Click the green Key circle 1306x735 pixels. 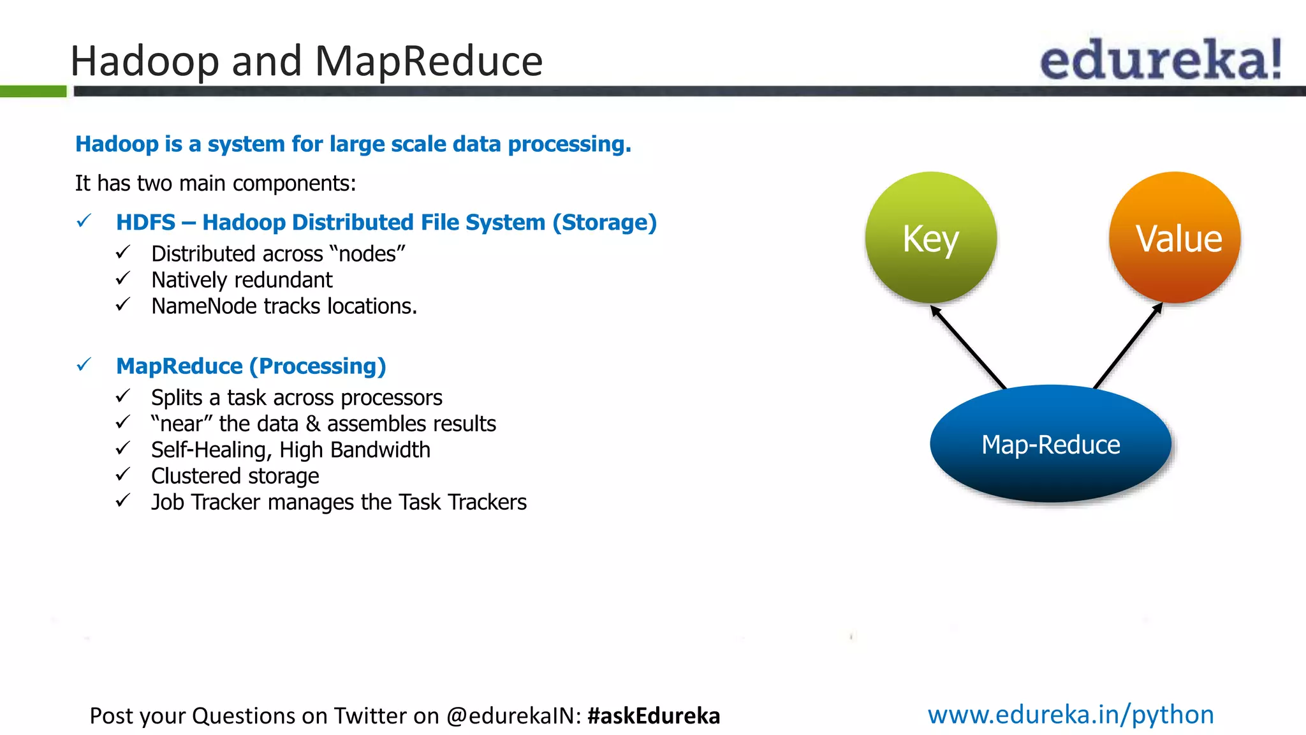930,237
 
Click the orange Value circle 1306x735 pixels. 1175,237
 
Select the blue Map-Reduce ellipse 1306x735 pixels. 1050,444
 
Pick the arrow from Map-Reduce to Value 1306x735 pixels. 1127,346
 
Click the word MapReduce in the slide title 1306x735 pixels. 429,61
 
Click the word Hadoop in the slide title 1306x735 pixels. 144,61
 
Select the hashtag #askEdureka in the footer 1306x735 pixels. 654,716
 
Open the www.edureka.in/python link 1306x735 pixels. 1071,715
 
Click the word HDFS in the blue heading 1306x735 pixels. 145,223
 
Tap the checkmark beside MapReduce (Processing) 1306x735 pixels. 84,365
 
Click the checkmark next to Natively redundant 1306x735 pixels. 123,279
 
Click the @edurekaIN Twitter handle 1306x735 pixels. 513,716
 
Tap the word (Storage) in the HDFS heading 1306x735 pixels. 605,223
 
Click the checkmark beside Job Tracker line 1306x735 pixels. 123,501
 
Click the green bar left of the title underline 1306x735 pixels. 33,91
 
